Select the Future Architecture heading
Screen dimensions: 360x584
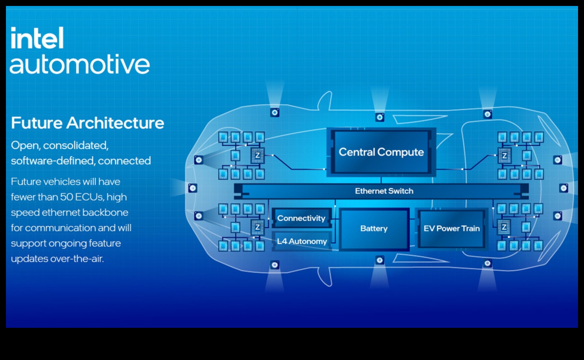click(x=87, y=123)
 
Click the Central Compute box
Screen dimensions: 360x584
click(x=381, y=152)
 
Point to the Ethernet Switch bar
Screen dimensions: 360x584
click(x=384, y=191)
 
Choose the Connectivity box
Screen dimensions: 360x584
click(x=301, y=218)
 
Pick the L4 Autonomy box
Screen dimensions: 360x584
click(x=302, y=241)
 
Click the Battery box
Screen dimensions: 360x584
click(x=374, y=229)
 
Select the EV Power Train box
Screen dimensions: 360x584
click(x=451, y=229)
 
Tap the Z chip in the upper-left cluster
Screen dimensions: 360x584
click(x=257, y=155)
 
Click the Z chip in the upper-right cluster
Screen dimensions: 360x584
click(x=504, y=156)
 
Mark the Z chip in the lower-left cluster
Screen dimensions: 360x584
click(x=257, y=227)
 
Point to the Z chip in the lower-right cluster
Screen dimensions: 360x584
click(x=504, y=227)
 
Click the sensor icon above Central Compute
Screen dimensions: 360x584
click(x=380, y=117)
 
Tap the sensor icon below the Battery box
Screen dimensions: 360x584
click(x=380, y=260)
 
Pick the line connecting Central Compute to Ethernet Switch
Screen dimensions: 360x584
click(x=381, y=180)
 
